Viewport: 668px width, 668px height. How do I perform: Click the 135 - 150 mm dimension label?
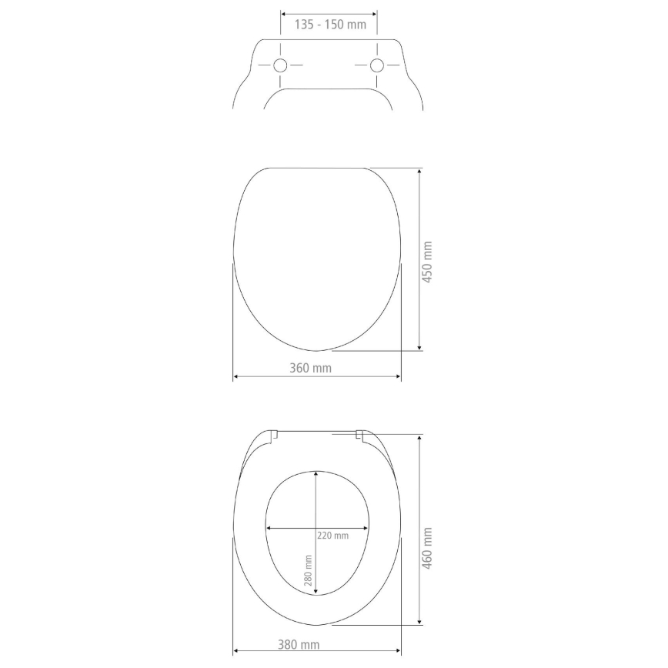(330, 25)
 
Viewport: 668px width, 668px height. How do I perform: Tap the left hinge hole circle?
(281, 65)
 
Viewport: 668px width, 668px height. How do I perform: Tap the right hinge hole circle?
(377, 65)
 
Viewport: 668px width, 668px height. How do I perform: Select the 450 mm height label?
(429, 262)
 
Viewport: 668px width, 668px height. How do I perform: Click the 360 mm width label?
(311, 368)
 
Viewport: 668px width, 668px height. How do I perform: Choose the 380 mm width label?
(299, 645)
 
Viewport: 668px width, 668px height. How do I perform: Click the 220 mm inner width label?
(332, 536)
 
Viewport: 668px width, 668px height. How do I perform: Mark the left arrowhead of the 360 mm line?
(235, 376)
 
